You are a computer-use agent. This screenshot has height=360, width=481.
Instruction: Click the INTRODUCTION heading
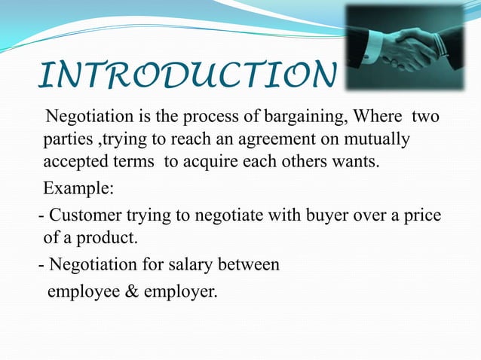185,76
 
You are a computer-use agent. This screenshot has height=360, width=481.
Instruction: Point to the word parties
66,140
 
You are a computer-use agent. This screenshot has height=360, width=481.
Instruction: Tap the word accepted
73,161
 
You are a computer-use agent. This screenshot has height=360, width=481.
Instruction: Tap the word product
112,239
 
